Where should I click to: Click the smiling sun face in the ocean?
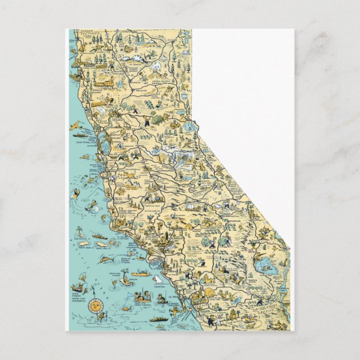pos(96,306)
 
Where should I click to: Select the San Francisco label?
pos(83,142)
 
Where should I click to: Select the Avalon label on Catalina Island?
pos(133,278)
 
